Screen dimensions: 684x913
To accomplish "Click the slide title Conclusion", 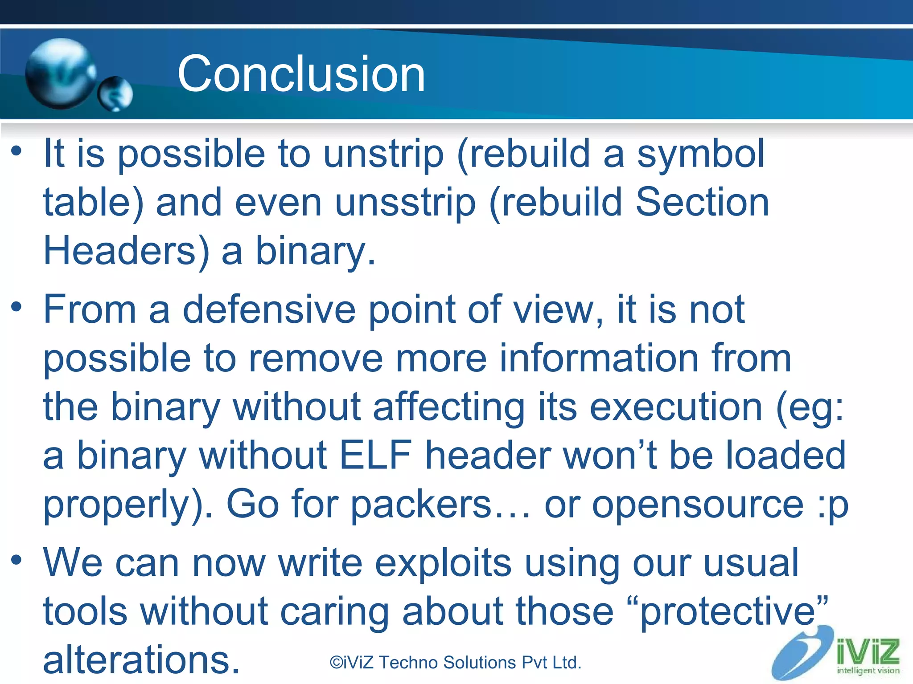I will tap(301, 74).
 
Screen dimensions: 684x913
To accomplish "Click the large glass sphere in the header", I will tap(60, 74).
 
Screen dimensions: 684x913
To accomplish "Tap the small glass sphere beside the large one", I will tap(115, 94).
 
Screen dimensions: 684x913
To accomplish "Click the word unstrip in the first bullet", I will tap(383, 154).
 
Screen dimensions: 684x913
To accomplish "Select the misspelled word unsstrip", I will tap(405, 203).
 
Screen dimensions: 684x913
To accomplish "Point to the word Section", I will tap(702, 202).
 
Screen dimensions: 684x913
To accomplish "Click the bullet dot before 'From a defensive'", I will tap(16, 307).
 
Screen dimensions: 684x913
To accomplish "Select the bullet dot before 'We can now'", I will tap(16, 560).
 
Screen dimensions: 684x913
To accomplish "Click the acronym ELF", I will tap(375, 455).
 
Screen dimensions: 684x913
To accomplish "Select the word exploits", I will tap(443, 563).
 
